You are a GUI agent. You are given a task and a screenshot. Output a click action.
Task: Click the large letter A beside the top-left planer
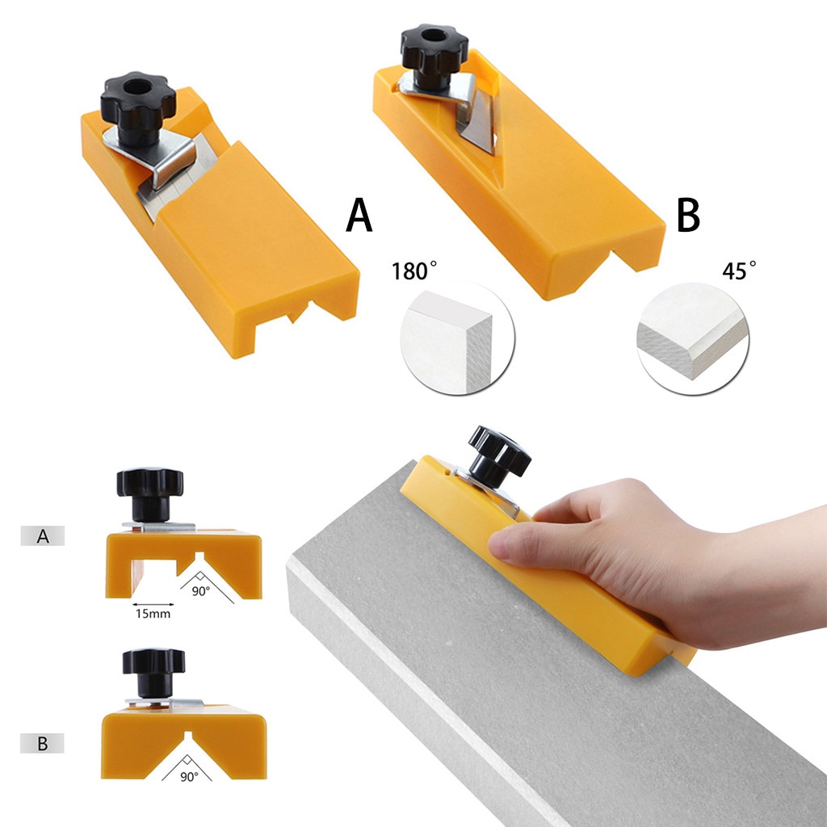tap(359, 216)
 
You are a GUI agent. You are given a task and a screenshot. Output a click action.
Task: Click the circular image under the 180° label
tap(457, 338)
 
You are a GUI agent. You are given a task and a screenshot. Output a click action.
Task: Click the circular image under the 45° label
tap(693, 338)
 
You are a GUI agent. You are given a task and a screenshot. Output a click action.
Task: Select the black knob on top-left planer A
tap(138, 106)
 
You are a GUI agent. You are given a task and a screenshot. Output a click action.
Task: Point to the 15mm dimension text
tap(152, 614)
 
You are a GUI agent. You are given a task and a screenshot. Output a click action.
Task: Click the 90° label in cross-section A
tap(201, 590)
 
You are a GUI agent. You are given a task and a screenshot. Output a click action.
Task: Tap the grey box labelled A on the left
tap(42, 535)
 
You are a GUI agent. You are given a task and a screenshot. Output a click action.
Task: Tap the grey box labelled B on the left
tap(42, 744)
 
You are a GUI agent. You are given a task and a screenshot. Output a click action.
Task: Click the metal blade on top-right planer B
tap(473, 126)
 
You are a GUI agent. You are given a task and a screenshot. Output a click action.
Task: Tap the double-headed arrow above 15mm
tap(152, 603)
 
